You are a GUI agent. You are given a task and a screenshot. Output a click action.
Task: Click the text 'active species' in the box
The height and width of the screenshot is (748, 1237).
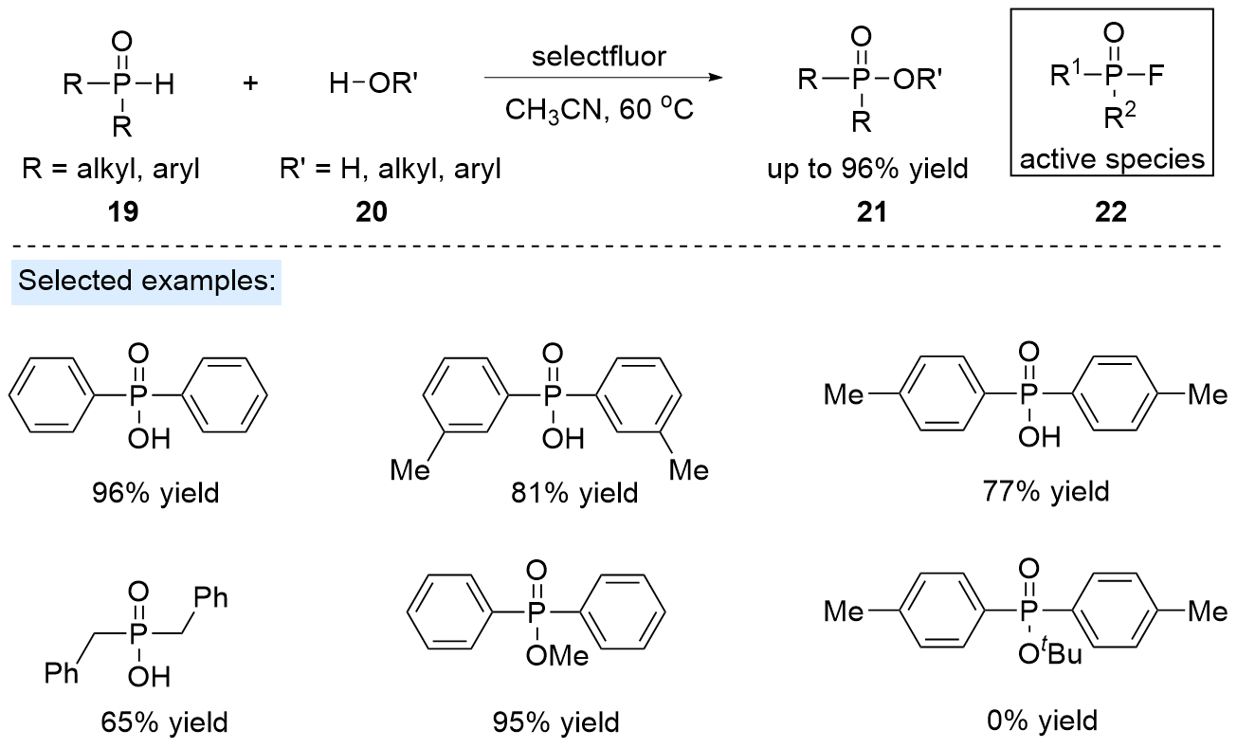(x=1112, y=158)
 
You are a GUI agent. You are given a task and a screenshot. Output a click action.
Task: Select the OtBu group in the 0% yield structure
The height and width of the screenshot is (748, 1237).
(x=1047, y=654)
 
